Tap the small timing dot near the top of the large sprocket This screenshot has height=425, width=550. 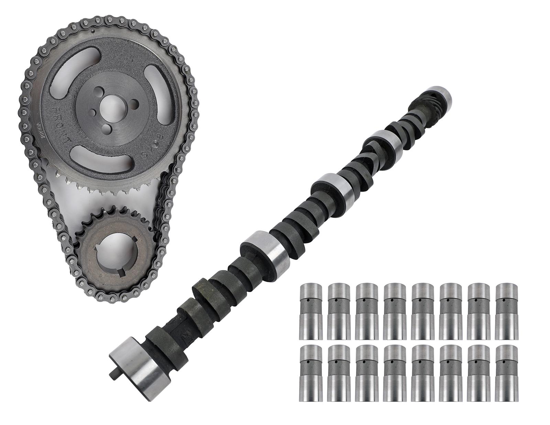coord(93,32)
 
